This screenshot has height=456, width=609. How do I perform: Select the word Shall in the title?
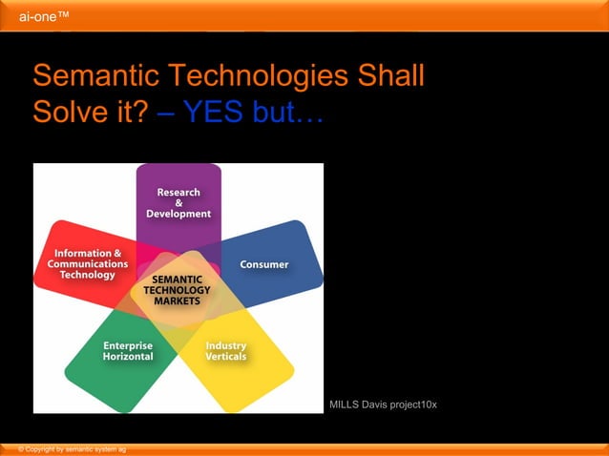point(391,76)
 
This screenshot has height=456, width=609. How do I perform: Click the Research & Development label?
point(178,203)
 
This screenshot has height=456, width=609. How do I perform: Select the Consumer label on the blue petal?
point(264,264)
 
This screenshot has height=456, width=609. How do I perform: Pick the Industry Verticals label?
point(226,351)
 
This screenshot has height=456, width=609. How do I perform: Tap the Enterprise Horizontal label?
point(128,351)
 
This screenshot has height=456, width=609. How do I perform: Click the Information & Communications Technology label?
point(88,264)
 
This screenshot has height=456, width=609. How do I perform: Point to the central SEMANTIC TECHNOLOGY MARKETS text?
point(177,289)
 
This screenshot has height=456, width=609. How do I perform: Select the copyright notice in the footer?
point(66,448)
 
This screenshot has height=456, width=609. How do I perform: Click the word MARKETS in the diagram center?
point(177,301)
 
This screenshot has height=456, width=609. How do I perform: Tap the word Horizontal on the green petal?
point(128,357)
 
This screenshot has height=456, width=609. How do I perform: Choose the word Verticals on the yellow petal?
point(226,357)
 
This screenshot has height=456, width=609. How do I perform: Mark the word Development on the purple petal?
point(178,215)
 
